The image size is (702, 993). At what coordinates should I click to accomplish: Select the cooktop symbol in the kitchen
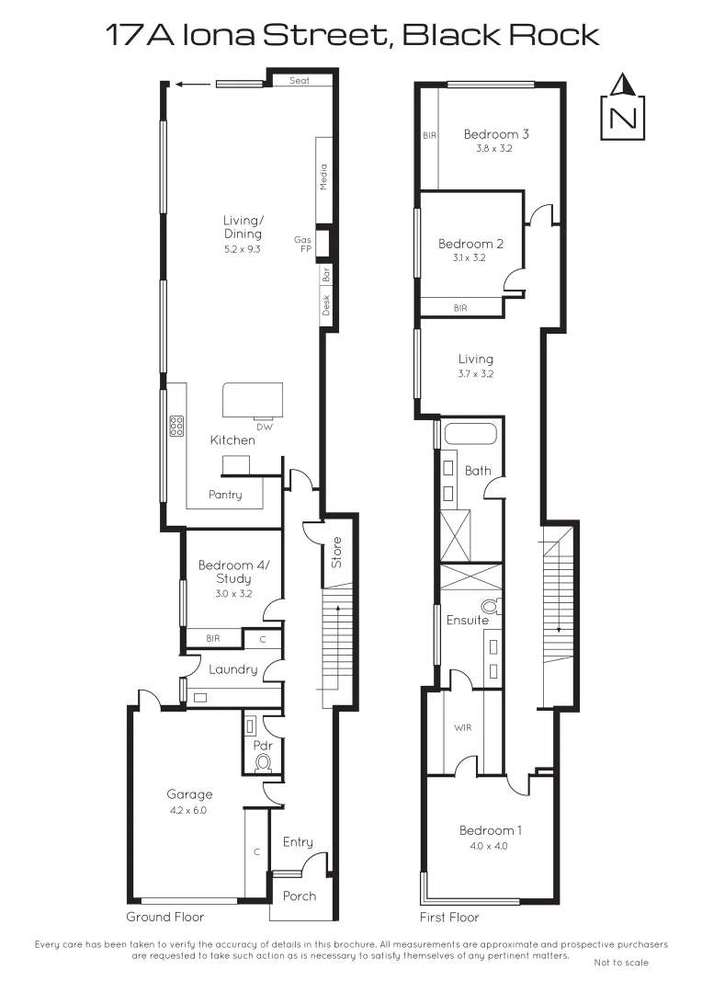[176, 425]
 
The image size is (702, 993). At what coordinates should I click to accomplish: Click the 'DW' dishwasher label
[265, 428]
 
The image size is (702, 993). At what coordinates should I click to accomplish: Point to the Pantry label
[225, 495]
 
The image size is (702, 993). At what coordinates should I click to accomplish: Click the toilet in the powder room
[263, 762]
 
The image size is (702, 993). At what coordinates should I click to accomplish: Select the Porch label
[299, 896]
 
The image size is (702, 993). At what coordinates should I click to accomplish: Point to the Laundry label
[232, 669]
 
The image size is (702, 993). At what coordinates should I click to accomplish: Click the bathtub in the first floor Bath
[470, 435]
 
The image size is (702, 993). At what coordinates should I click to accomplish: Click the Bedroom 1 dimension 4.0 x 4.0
[491, 846]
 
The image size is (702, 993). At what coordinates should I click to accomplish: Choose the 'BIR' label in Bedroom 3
[429, 135]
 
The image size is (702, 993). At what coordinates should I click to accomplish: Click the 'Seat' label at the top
[299, 81]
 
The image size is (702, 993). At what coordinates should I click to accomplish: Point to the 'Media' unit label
[323, 177]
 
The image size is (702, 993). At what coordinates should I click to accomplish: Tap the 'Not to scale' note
[621, 963]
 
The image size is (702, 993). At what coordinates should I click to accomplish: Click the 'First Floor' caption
[449, 917]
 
